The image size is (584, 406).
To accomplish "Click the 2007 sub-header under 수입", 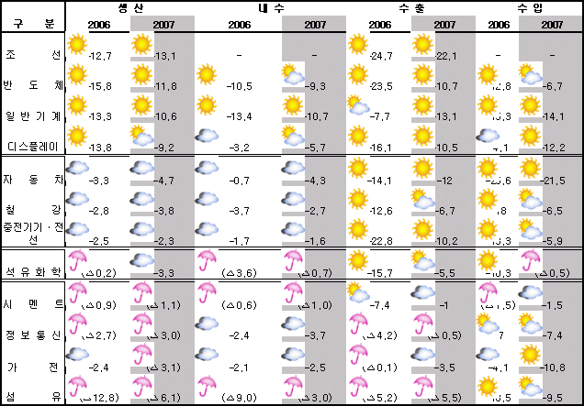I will (x=552, y=25).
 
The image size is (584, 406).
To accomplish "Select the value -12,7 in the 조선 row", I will (x=100, y=57).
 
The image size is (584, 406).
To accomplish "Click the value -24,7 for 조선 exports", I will (x=381, y=57).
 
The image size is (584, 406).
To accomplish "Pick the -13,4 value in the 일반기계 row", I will (x=239, y=116).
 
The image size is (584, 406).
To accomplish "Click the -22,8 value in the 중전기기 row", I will (x=381, y=241).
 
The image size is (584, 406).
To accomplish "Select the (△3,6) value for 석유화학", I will (x=239, y=273).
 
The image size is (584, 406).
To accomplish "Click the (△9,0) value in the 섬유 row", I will (x=239, y=397).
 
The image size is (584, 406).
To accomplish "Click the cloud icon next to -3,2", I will (x=208, y=137).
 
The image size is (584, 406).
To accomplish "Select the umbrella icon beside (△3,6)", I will (x=208, y=260).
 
